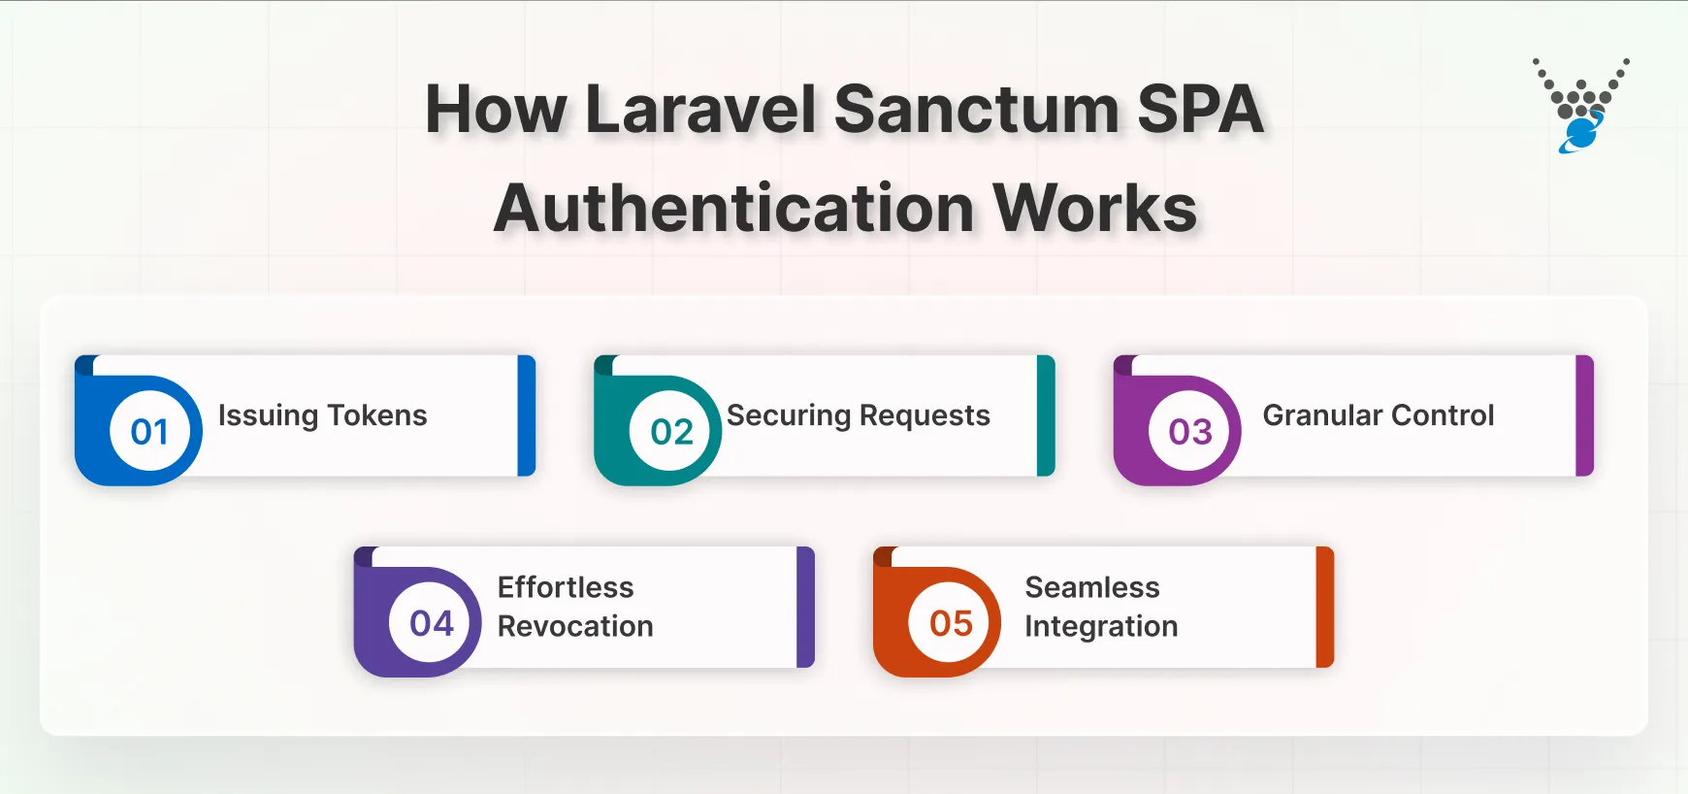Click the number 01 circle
(149, 431)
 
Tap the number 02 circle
(671, 431)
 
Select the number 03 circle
(1190, 431)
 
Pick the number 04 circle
(432, 622)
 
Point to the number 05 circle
(951, 622)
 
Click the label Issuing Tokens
(322, 415)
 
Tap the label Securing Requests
(859, 415)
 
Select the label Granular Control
(1378, 415)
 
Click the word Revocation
(575, 627)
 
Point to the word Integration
(1101, 627)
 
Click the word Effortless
(566, 587)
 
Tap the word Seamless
(1092, 587)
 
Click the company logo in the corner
(1581, 106)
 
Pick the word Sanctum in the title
(976, 109)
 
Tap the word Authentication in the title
(734, 209)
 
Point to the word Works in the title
(1095, 209)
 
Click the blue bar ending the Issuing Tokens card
(527, 415)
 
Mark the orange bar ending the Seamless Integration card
(1325, 607)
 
